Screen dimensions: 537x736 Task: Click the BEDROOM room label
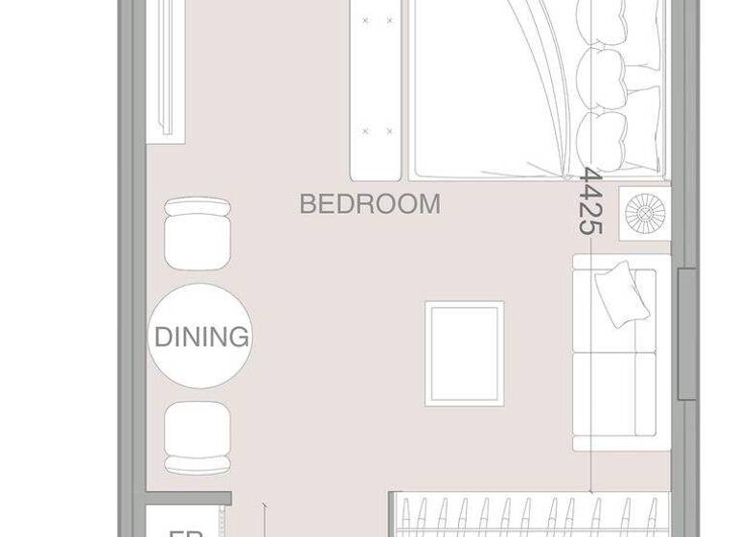(370, 204)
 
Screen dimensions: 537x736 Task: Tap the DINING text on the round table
(201, 338)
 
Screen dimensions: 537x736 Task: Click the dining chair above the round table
(197, 233)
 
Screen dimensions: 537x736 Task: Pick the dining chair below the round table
(197, 436)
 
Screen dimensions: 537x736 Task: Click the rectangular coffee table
(465, 353)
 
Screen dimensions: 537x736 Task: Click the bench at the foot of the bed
(377, 91)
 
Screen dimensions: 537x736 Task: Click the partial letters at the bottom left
(182, 529)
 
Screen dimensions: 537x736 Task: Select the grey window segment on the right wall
(686, 334)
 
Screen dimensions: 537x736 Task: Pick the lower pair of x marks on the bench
(377, 130)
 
